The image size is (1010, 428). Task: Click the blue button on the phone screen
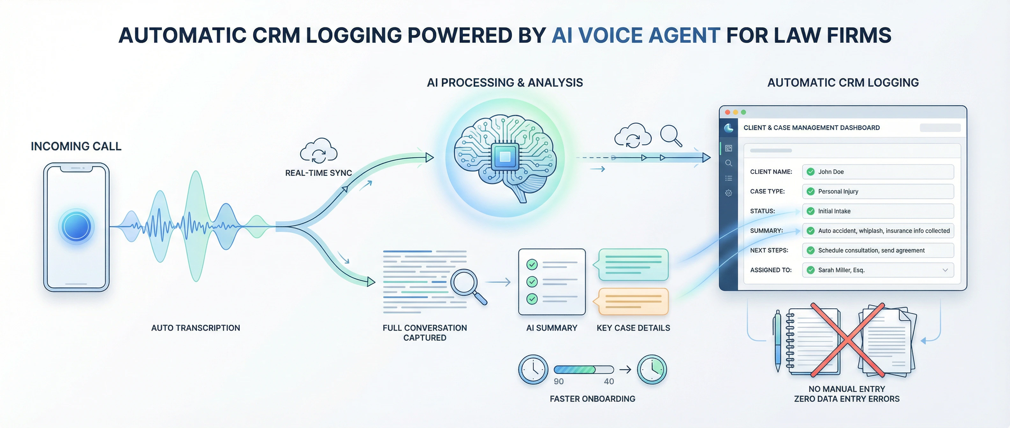(77, 226)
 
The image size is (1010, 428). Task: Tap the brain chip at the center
(505, 157)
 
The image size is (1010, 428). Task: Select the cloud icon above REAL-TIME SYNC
(318, 151)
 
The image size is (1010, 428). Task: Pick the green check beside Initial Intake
(810, 211)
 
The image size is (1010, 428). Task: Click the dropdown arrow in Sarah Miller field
(945, 270)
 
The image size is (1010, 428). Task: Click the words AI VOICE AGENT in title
(636, 35)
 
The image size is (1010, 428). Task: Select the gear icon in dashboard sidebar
(728, 193)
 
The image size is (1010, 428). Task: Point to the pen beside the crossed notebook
(778, 341)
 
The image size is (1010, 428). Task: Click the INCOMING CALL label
(76, 146)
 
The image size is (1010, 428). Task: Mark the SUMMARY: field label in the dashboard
(766, 231)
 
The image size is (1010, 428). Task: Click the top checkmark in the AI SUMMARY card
(532, 265)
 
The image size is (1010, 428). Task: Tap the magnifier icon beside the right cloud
(670, 135)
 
